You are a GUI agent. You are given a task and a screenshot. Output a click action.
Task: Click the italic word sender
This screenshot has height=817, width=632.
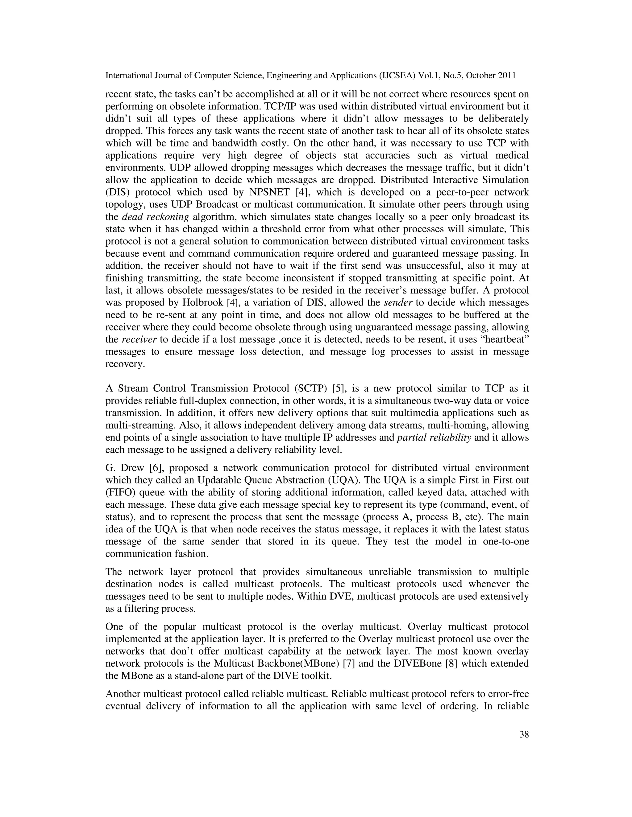tap(398, 303)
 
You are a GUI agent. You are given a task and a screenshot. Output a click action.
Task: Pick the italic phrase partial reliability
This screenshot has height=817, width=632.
tap(434, 438)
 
